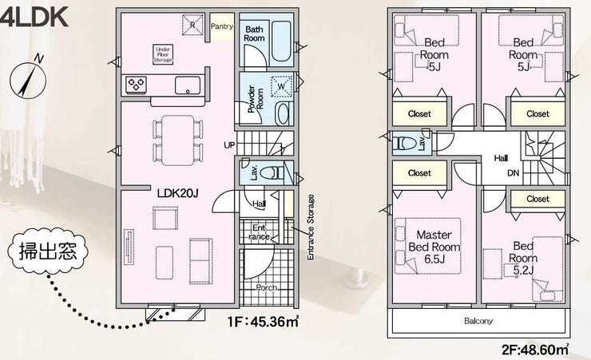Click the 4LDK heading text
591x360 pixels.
[34, 17]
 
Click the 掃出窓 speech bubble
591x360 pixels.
[48, 251]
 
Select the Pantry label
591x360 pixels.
[222, 26]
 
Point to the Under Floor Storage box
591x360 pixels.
[163, 54]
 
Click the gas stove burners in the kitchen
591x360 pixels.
[136, 85]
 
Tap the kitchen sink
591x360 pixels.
[188, 85]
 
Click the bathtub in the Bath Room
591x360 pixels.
[281, 41]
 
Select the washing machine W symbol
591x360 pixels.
[282, 86]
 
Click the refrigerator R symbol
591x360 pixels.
[192, 26]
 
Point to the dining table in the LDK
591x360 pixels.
[178, 140]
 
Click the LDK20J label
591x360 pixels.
[177, 193]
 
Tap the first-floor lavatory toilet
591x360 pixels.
[272, 173]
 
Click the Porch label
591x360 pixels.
[267, 288]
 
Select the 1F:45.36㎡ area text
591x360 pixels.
[263, 322]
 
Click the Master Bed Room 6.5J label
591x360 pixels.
[434, 247]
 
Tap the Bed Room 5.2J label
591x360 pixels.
[523, 259]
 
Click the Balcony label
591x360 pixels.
[478, 321]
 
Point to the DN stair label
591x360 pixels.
[513, 173]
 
